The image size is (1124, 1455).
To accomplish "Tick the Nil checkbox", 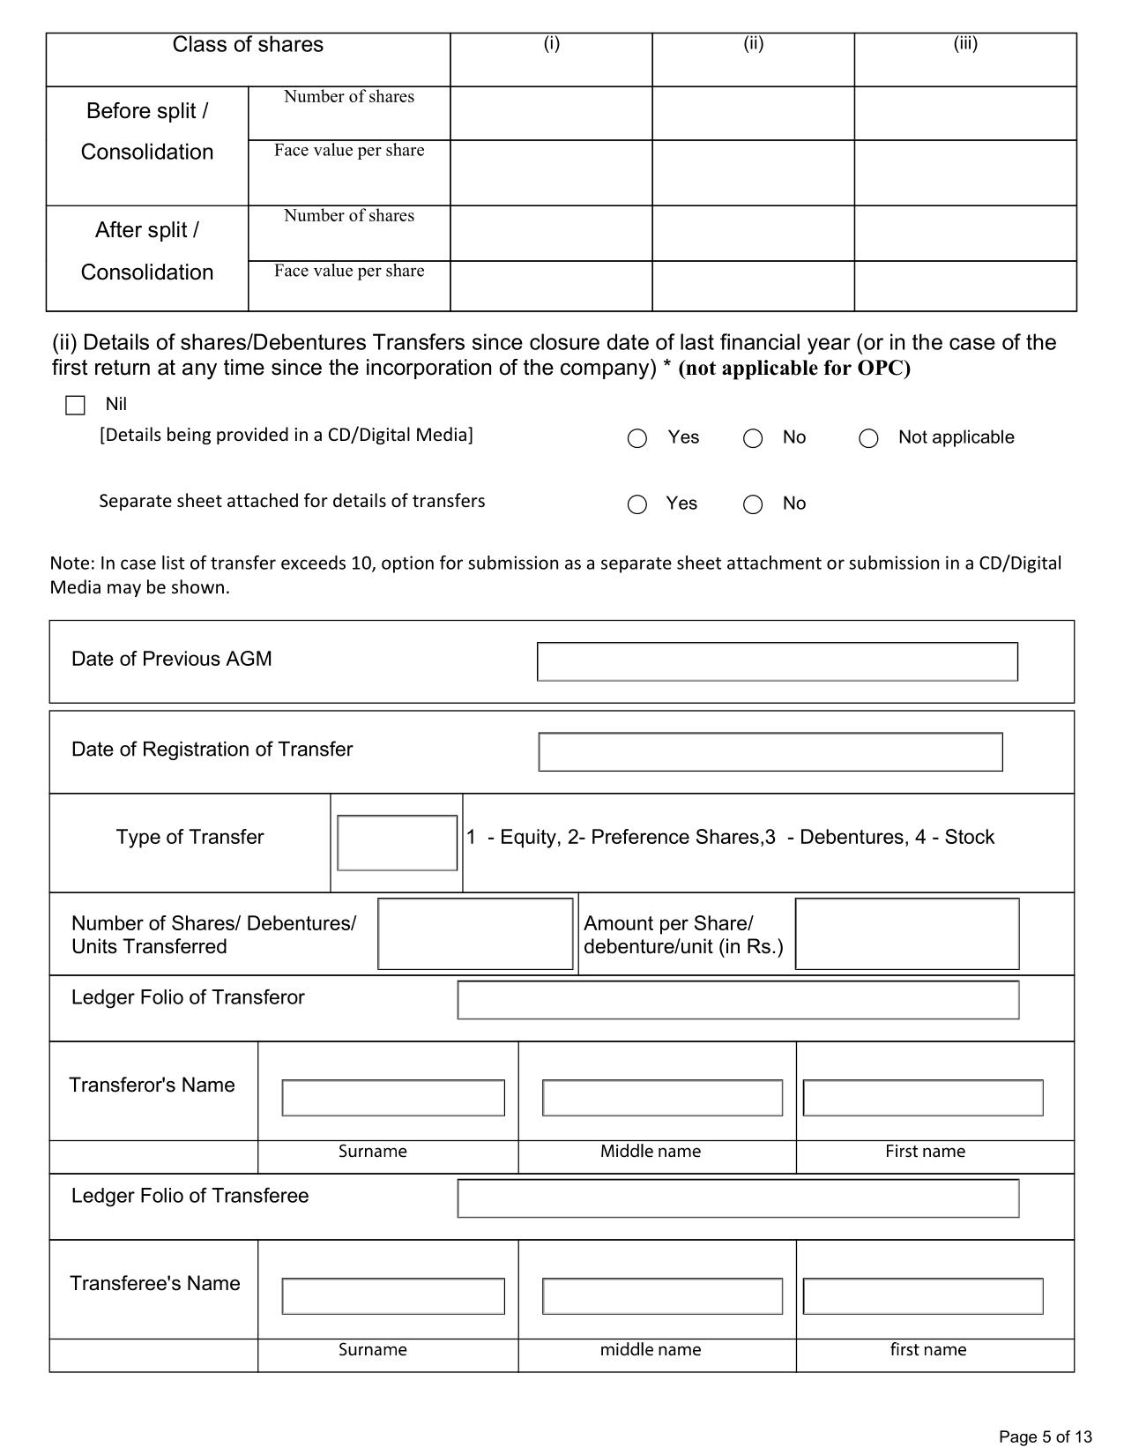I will (x=75, y=406).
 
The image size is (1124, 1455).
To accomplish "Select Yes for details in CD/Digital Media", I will (x=637, y=438).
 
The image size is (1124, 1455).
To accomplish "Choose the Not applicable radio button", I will (x=868, y=438).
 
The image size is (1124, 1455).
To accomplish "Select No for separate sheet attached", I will (x=753, y=504).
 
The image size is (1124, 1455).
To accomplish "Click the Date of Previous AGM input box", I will (x=777, y=661).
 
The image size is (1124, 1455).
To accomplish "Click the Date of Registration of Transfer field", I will (x=770, y=752).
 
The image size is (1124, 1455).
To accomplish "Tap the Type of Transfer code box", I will (x=397, y=843).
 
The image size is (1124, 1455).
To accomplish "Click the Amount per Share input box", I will (x=906, y=934).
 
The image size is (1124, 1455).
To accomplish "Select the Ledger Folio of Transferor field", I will (x=738, y=1000).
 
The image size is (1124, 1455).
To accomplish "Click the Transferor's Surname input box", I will (x=393, y=1098).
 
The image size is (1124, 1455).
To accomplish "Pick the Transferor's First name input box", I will (x=922, y=1098).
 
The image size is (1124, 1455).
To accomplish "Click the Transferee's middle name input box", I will (x=662, y=1296).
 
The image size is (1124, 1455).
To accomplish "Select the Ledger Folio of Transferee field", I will (x=738, y=1198).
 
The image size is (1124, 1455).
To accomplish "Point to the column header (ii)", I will (x=753, y=44).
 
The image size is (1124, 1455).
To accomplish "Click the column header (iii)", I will (x=965, y=44).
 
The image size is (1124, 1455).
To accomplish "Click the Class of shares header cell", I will (x=248, y=45).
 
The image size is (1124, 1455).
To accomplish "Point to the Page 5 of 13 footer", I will (x=1045, y=1436).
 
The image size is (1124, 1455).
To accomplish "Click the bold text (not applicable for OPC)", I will (x=793, y=369).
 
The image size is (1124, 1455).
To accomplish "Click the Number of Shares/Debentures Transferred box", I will (x=475, y=934).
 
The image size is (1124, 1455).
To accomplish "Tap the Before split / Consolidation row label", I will (x=147, y=131).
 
